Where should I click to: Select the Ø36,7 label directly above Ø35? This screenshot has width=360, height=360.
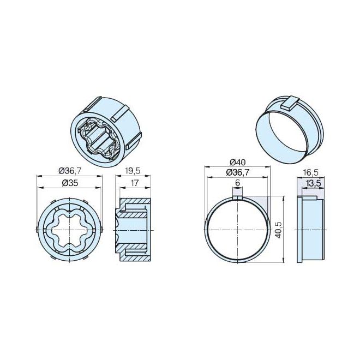69,170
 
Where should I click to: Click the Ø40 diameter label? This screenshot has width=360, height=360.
237,162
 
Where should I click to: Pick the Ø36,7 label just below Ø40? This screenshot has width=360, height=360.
237,172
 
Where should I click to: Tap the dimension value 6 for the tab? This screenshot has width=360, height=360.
238,183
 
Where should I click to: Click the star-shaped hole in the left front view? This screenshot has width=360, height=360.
69,230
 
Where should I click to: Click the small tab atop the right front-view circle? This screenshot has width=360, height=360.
238,191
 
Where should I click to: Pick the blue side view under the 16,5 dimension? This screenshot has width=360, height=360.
311,229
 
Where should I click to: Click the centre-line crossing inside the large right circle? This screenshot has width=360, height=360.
238,230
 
